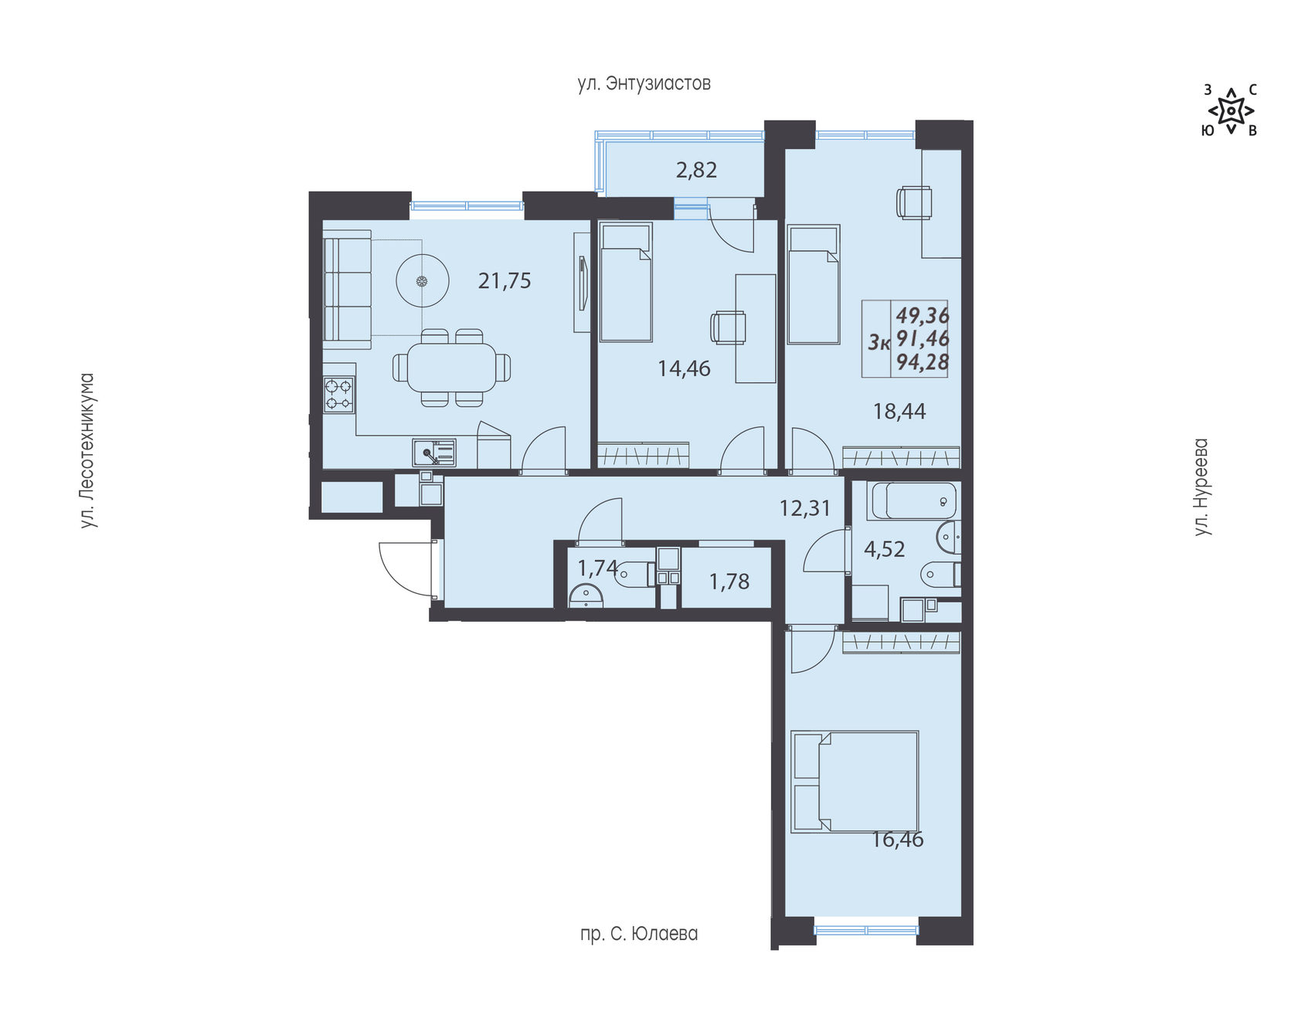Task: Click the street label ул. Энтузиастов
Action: pos(644,83)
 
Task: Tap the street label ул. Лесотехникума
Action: pos(88,451)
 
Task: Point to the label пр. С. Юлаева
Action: pos(639,934)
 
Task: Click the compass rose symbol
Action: pos(1231,110)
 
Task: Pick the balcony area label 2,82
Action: pos(696,170)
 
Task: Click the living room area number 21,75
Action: pos(505,281)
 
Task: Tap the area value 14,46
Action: pos(684,369)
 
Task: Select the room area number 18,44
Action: pos(899,412)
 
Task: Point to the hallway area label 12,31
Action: pos(805,508)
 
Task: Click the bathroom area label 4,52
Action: pos(884,549)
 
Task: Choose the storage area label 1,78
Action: pos(729,582)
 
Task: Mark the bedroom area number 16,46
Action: pos(898,840)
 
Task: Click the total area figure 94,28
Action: pos(923,361)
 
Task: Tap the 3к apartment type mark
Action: pos(879,342)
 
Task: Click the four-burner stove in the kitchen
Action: pos(339,394)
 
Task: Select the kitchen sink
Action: pos(434,453)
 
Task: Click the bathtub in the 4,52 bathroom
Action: pos(914,501)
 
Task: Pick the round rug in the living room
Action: pos(422,281)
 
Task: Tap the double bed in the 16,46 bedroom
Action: pos(855,782)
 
